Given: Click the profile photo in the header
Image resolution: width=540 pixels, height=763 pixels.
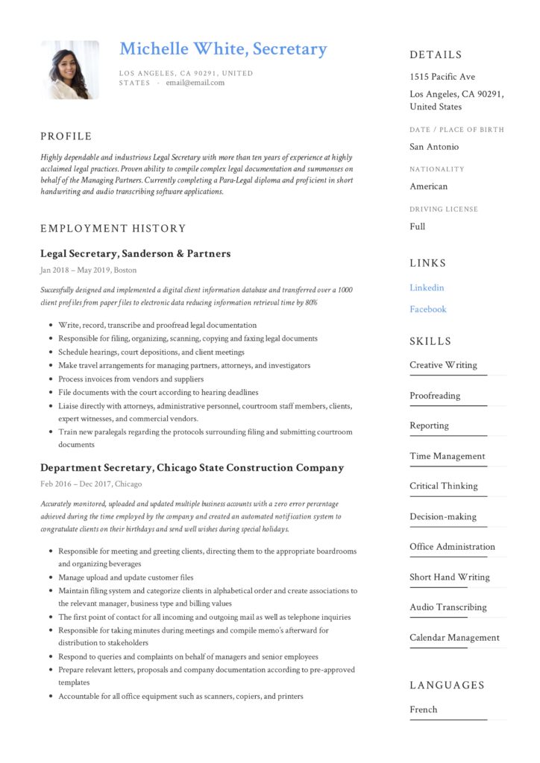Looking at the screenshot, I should coord(69,69).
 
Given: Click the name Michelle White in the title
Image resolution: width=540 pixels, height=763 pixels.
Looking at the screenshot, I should coord(182,49).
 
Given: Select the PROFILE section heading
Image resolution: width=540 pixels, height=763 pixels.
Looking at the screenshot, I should coord(66,136).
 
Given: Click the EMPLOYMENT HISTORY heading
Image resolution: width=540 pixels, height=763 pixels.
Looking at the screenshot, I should coord(113,229).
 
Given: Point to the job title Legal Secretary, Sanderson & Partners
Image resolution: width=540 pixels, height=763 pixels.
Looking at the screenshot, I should coord(135,254).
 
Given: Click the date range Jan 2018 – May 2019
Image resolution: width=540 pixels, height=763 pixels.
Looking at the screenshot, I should coord(75,270).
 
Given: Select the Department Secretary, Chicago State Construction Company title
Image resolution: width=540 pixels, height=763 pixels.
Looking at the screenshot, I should coord(192,468).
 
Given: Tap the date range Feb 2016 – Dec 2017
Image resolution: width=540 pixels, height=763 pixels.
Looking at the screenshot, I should coord(75,484).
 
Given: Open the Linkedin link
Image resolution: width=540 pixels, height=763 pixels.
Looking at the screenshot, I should coord(427,288).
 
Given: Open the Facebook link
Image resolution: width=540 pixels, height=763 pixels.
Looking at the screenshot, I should coord(427,309).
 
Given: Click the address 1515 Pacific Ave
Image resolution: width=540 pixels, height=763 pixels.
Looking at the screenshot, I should coord(442,77).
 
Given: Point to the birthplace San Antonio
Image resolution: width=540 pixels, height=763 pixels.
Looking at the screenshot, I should coord(434,147).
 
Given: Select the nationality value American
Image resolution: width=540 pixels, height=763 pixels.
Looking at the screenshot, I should coord(428,186).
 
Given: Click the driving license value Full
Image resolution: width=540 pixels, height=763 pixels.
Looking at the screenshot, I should coord(417,227).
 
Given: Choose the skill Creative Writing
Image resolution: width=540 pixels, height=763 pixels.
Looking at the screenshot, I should coord(443,365).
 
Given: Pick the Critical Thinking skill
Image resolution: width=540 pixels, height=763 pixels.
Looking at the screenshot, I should coord(443,486).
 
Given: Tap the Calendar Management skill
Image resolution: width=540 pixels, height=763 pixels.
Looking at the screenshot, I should coord(454,638).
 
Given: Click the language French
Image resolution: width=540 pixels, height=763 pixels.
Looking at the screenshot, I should coord(423,709).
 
